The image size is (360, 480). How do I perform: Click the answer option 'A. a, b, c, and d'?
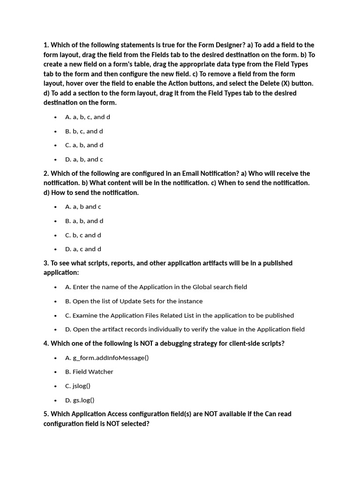pos(88,117)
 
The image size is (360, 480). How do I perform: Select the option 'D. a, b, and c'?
pos(84,159)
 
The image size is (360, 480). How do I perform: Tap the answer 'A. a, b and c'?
pos(83,207)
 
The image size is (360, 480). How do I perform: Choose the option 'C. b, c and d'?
pos(83,235)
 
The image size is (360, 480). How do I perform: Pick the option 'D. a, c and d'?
pos(83,249)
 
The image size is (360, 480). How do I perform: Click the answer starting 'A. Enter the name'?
pos(156,287)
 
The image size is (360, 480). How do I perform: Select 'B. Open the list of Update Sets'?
pos(134,301)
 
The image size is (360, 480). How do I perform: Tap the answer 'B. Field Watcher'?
pos(89,372)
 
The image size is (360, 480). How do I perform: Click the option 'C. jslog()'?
pos(78,386)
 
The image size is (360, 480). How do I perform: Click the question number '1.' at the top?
pos(46,45)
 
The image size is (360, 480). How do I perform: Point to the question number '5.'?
pos(46,414)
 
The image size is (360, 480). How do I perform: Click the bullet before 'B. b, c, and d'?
pos(55,131)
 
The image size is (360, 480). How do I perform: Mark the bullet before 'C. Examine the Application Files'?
pos(55,315)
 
